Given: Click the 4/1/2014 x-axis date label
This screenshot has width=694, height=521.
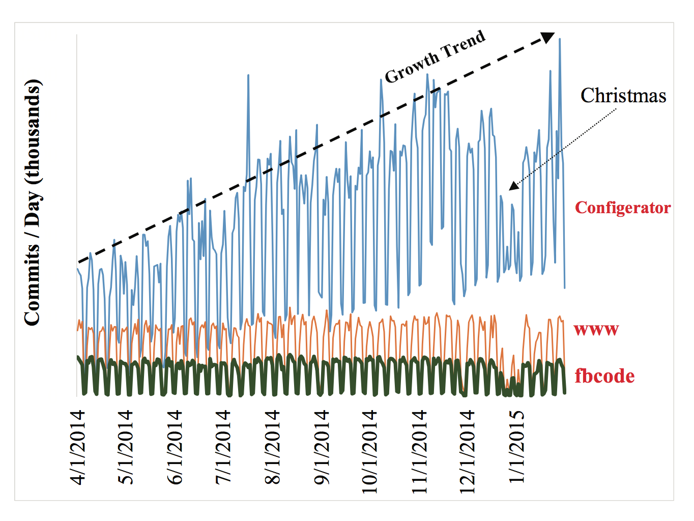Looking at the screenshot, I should pos(77,447).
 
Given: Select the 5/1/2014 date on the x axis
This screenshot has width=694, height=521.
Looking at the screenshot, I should pos(125,447).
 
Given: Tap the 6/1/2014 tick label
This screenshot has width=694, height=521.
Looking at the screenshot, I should pos(175,447).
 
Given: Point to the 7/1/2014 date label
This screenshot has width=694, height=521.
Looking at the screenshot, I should pos(223,447).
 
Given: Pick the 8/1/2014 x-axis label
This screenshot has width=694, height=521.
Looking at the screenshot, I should pos(273,447).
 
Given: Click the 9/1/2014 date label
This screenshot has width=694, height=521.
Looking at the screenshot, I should pos(322,447).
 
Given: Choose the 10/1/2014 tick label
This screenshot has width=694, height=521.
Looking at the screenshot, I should pos(370,451).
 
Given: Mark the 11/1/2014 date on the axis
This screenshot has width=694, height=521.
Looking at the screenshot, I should pos(419,451).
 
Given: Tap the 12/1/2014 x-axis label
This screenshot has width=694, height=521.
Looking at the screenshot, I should pos(467,451).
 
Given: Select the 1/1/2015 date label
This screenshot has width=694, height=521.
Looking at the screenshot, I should pos(516,447).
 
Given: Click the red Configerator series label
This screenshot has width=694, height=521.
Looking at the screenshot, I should pos(623,208).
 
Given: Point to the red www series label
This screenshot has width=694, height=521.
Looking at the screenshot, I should pos(596,329).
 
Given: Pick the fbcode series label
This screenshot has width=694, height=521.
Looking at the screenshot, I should pos(604,376).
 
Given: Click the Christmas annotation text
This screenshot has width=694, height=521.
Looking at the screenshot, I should pos(623,96).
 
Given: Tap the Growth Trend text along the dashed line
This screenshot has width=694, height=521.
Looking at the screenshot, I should pos(435,56).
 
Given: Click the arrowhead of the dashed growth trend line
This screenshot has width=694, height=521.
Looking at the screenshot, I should pos(548,37).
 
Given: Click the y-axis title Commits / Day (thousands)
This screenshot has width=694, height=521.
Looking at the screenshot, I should pos(33,202).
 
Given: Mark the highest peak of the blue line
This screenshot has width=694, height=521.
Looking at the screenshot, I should pos(560,39).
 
